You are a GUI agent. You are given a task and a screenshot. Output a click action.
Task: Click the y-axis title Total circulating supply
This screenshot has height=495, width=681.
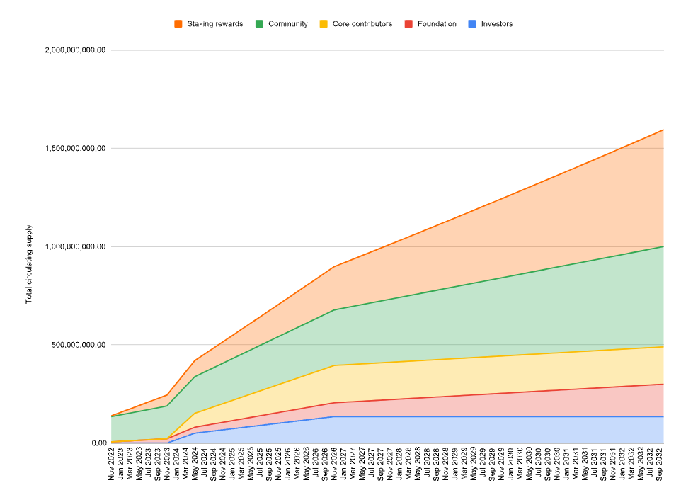[x=30, y=265]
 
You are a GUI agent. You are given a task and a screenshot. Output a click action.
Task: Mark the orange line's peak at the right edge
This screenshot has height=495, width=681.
[x=663, y=130]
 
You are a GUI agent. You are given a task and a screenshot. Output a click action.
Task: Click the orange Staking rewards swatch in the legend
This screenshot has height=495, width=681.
[x=178, y=24]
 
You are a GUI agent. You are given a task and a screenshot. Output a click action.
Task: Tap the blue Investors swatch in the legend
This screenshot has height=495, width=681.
[x=472, y=24]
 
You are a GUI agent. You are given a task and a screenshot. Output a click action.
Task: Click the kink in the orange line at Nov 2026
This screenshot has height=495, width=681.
[x=333, y=267]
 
